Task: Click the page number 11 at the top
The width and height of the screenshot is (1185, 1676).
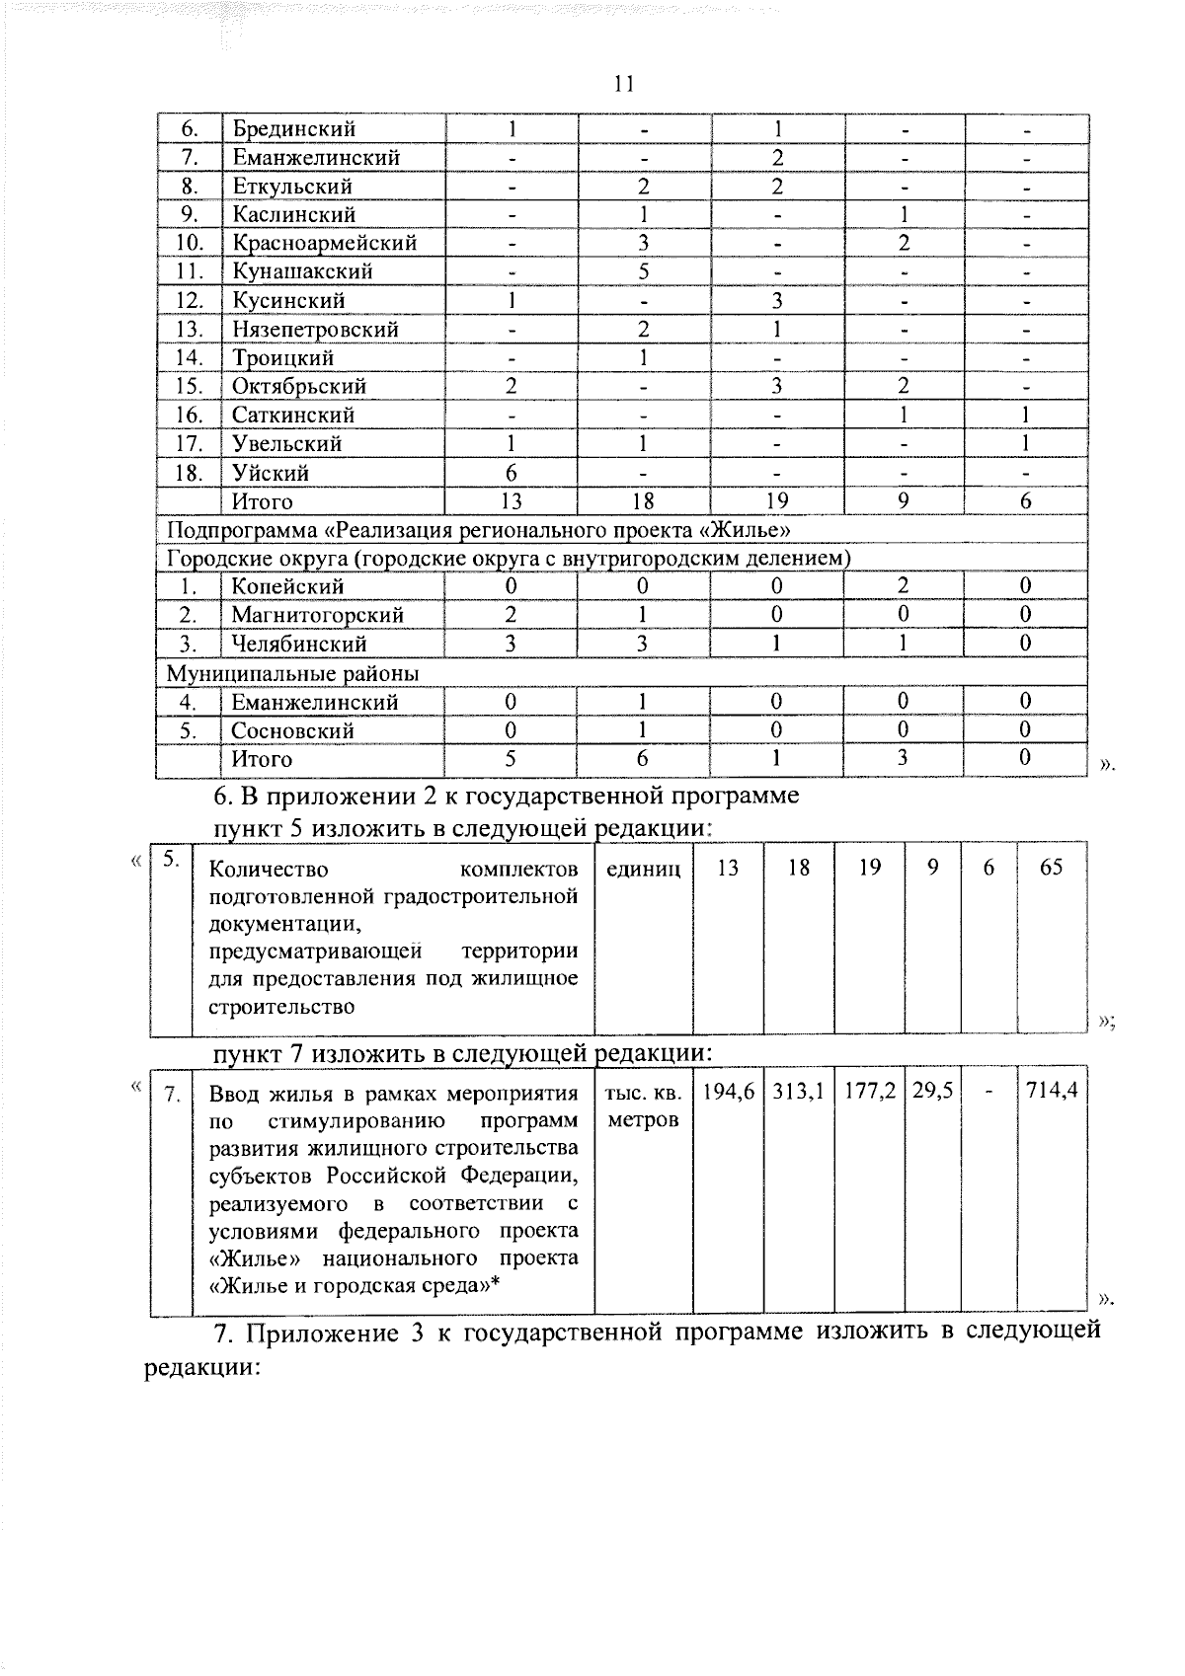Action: pos(623,84)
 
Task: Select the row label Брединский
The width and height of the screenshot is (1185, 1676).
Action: pos(293,129)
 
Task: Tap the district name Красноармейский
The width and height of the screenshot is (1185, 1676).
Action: pos(324,243)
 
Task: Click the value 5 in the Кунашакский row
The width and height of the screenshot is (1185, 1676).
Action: pos(643,271)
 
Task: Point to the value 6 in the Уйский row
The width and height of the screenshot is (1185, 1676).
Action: pos(512,474)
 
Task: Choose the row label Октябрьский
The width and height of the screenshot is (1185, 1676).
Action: pos(299,387)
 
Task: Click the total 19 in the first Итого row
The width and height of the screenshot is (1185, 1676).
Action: pos(777,501)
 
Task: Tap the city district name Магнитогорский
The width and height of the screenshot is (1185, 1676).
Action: pos(317,615)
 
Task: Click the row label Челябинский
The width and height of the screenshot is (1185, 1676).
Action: pos(299,645)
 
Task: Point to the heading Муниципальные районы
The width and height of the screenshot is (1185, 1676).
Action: pos(292,673)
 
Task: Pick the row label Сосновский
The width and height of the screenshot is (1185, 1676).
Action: pos(292,731)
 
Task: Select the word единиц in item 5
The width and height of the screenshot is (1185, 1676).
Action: pos(643,869)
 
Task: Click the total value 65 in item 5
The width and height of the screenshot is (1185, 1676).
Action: pos(1052,868)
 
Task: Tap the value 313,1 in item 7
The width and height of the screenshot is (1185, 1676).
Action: pos(799,1093)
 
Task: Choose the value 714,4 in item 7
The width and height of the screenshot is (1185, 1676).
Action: pos(1052,1093)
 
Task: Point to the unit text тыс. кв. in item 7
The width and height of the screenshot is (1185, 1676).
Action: pos(643,1094)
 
